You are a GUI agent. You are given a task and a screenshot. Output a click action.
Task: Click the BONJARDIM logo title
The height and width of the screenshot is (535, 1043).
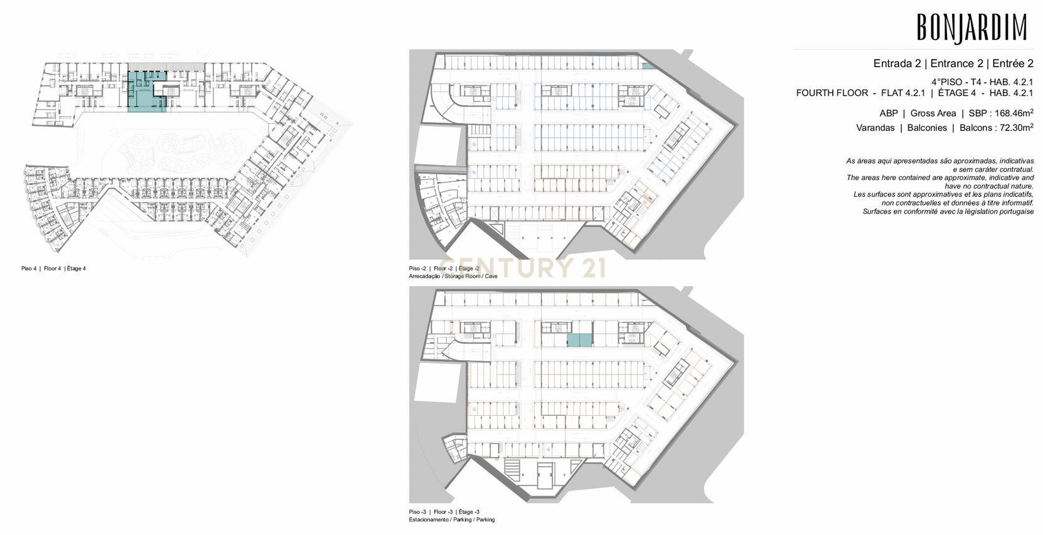(972, 28)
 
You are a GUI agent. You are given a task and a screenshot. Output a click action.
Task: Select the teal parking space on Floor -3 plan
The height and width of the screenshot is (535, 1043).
(579, 341)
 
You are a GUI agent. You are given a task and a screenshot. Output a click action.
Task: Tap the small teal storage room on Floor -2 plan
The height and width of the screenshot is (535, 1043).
(647, 66)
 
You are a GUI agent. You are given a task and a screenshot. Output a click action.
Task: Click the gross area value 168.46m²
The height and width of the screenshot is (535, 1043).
(1014, 113)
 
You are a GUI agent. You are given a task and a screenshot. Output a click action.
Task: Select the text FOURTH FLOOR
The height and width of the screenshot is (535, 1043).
(832, 93)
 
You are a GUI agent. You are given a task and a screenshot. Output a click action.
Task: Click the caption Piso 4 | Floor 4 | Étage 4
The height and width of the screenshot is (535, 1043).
(53, 268)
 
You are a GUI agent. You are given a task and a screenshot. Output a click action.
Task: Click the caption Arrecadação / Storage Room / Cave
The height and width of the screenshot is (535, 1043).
(453, 277)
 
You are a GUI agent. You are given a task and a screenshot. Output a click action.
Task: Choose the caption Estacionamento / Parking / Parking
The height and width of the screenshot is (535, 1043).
(452, 520)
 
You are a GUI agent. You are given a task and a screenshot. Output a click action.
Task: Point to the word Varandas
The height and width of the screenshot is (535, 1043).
(875, 128)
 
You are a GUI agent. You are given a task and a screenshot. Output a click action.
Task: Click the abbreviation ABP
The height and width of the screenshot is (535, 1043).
(889, 114)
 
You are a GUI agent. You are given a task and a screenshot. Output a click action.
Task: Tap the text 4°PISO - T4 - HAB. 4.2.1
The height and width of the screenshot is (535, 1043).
(982, 82)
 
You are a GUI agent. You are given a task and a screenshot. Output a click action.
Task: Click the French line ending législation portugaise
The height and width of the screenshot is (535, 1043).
(948, 211)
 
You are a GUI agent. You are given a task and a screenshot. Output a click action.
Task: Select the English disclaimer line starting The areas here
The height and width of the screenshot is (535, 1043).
(940, 177)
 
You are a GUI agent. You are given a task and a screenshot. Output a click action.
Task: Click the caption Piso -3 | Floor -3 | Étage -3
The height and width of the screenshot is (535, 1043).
(444, 512)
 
